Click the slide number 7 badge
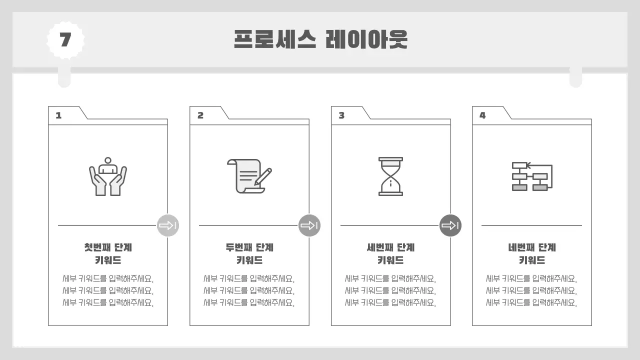coord(65,40)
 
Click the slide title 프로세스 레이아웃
coord(320,39)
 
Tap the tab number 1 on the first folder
coord(58,115)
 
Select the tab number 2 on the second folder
coord(200,115)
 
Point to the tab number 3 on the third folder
coord(341,115)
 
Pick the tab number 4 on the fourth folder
coord(482,115)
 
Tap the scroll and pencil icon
coord(249,176)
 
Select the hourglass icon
coord(390,176)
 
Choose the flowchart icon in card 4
coord(531,176)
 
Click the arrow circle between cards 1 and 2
coord(168,225)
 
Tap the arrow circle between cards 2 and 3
coord(309,225)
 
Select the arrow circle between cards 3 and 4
coord(450,225)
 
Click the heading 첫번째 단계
coord(108,247)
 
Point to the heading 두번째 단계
coord(249,247)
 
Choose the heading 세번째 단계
coord(390,247)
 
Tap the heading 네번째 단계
coord(532,247)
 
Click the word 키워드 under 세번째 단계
coord(390,260)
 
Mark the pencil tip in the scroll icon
coord(256,183)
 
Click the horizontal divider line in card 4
coord(531,225)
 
